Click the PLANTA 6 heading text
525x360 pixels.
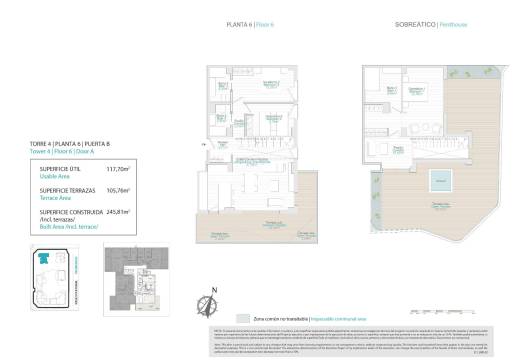pyautogui.click(x=239, y=22)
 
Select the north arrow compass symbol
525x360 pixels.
pyautogui.click(x=213, y=299)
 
